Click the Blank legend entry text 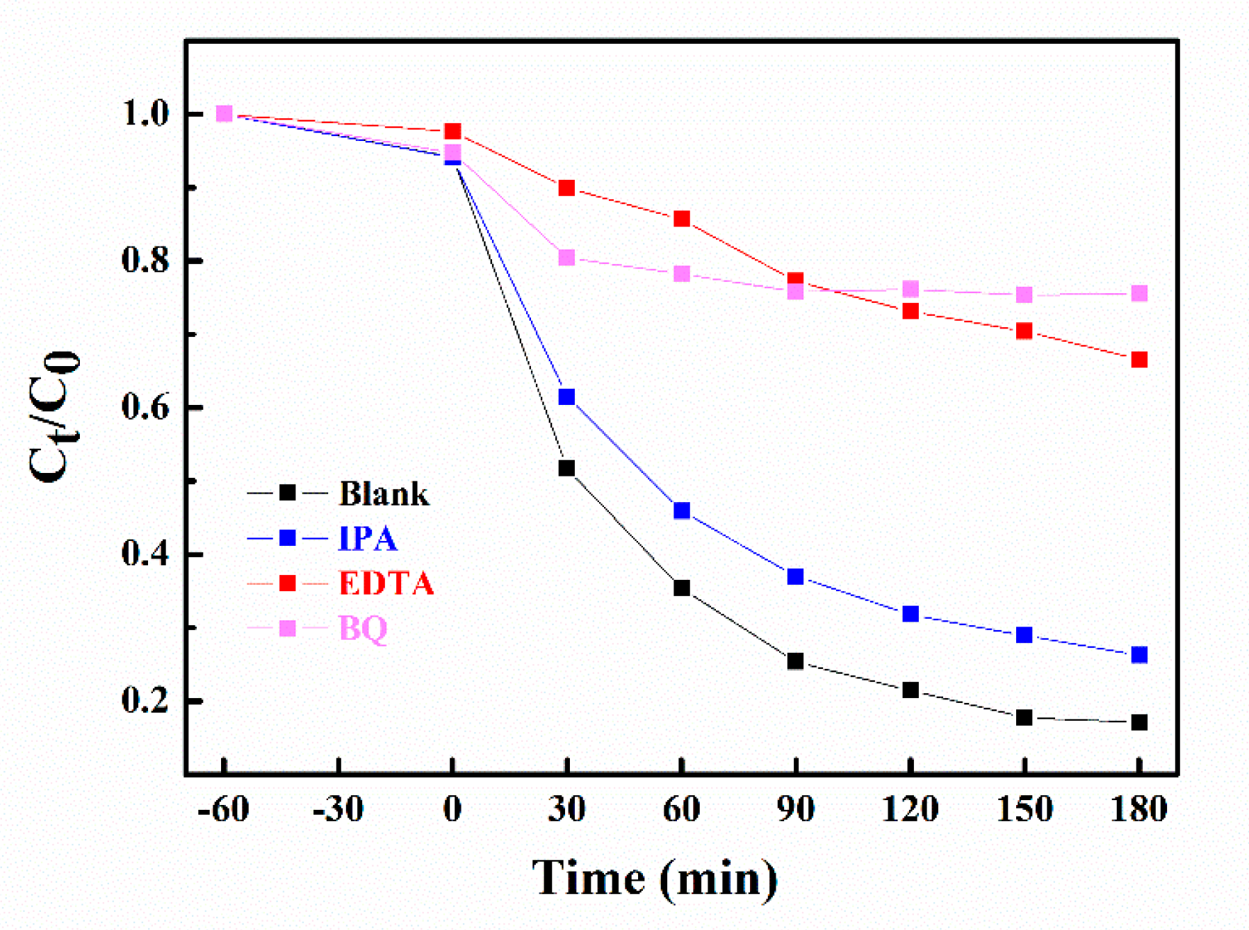tap(384, 494)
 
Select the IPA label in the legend tap(368, 538)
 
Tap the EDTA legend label tap(386, 583)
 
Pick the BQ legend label tap(363, 628)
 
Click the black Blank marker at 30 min tap(566, 468)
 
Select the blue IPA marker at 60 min tap(682, 510)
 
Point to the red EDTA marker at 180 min tap(1139, 359)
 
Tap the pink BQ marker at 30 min tap(566, 258)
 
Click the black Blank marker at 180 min tap(1139, 722)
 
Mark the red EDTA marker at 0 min tap(452, 131)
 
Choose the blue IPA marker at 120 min tap(911, 614)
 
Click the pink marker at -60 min tap(224, 113)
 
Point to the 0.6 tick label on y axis tap(145, 407)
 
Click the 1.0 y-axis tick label tap(145, 114)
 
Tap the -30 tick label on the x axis tap(338, 810)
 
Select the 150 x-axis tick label tap(1024, 810)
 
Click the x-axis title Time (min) tap(655, 879)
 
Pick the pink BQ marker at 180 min tap(1139, 293)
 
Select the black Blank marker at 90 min tap(796, 661)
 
